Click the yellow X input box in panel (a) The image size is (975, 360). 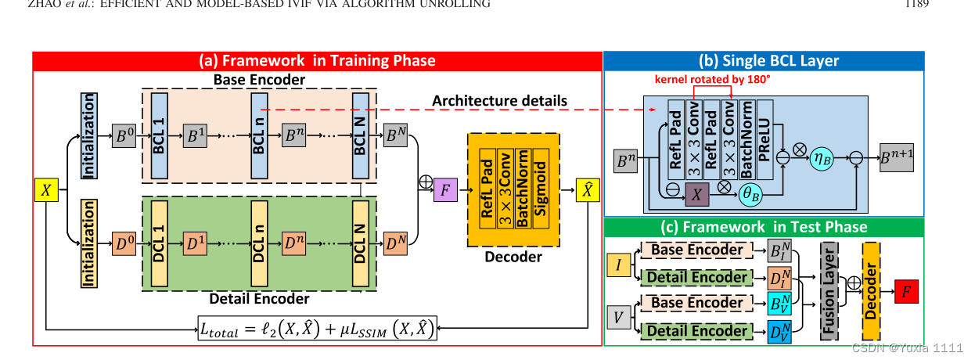point(45,190)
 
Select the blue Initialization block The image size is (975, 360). point(88,134)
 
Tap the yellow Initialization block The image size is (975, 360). point(88,243)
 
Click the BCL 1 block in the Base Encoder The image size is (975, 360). point(160,135)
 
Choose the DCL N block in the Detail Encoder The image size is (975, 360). point(361,244)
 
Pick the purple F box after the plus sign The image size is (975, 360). point(444,190)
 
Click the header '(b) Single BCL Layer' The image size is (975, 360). point(764,61)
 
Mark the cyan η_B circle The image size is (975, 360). point(822,157)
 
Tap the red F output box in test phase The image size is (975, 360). point(908,291)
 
